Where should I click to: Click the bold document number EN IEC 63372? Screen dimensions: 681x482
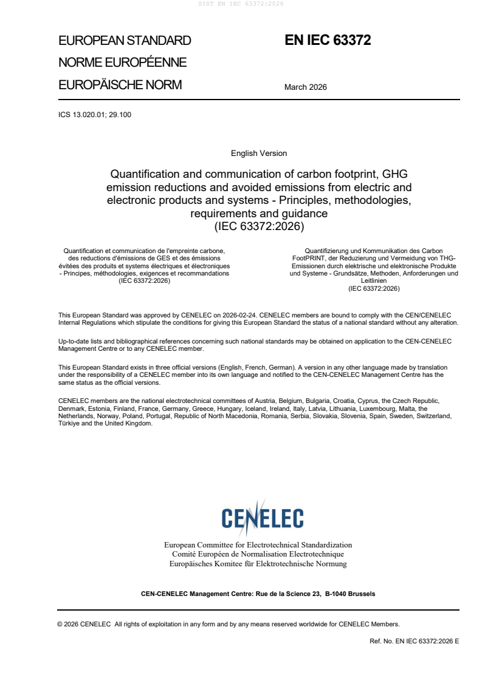click(x=328, y=41)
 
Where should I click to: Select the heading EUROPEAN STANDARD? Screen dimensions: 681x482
click(x=125, y=41)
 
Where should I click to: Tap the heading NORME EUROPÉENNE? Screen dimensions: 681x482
click(x=122, y=63)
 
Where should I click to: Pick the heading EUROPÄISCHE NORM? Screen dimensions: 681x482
click(x=120, y=85)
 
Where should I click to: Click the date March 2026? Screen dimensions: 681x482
click(x=306, y=87)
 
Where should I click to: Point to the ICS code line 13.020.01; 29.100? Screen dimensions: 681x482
click(x=95, y=115)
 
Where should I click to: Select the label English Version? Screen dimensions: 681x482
click(x=259, y=154)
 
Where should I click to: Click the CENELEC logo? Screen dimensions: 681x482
click(x=262, y=517)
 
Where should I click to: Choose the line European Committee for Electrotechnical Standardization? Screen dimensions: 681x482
click(x=258, y=545)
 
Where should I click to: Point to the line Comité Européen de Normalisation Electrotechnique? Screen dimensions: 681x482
click(x=258, y=554)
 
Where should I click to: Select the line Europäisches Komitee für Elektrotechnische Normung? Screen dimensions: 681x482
click(x=258, y=564)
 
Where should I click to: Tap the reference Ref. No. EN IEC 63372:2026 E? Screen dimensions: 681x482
click(x=414, y=642)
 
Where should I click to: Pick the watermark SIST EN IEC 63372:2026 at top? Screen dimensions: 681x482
click(x=241, y=4)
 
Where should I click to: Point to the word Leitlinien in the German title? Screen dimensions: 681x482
click(x=374, y=281)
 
